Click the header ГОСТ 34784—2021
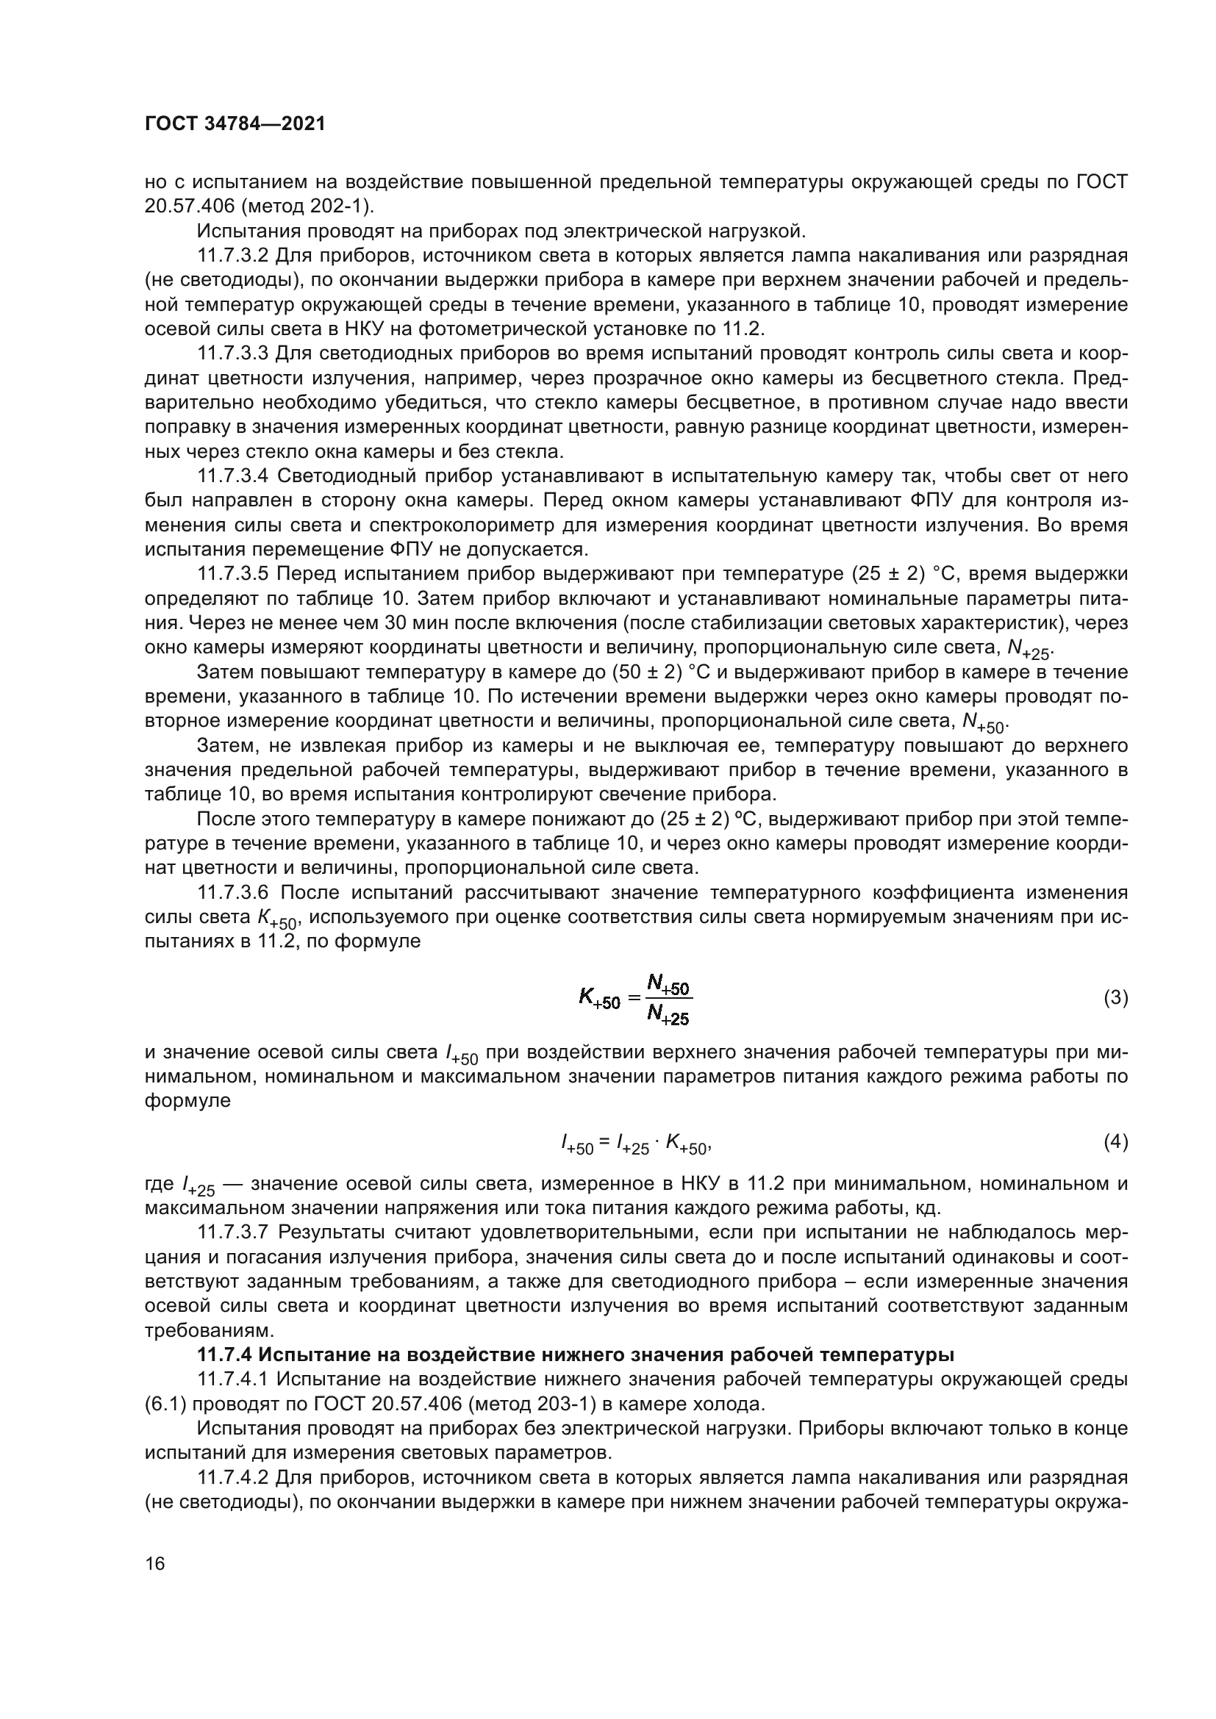[235, 124]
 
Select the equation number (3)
[1116, 998]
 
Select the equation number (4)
[1116, 1142]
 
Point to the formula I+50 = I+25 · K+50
[635, 1144]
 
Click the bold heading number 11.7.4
[225, 1354]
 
